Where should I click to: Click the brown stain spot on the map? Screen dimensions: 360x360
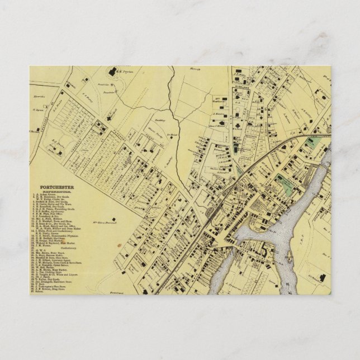point(120,245)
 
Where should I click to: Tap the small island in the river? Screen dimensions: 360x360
point(290,257)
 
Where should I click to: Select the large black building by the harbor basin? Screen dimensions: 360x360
point(257,224)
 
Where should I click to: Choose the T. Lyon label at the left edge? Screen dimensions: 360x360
point(39,110)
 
